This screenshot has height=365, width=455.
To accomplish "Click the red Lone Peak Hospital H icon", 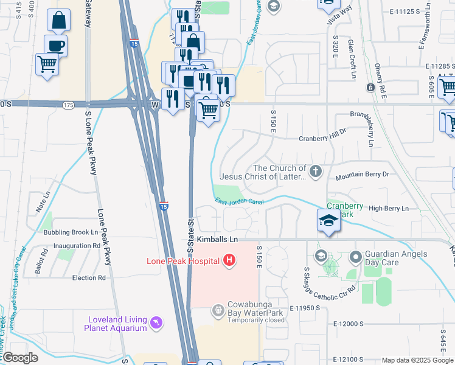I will (x=229, y=262).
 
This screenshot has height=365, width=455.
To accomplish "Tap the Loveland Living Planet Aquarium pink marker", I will (x=157, y=322).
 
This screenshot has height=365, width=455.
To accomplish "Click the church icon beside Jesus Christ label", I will (x=315, y=172).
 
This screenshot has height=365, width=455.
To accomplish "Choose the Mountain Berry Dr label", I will (x=362, y=175).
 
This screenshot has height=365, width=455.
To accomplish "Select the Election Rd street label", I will (x=89, y=278).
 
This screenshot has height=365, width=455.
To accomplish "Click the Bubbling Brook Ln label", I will (x=71, y=232).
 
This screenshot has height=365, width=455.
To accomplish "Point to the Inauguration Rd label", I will (x=76, y=246).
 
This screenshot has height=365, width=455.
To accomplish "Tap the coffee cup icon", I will (x=57, y=46).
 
